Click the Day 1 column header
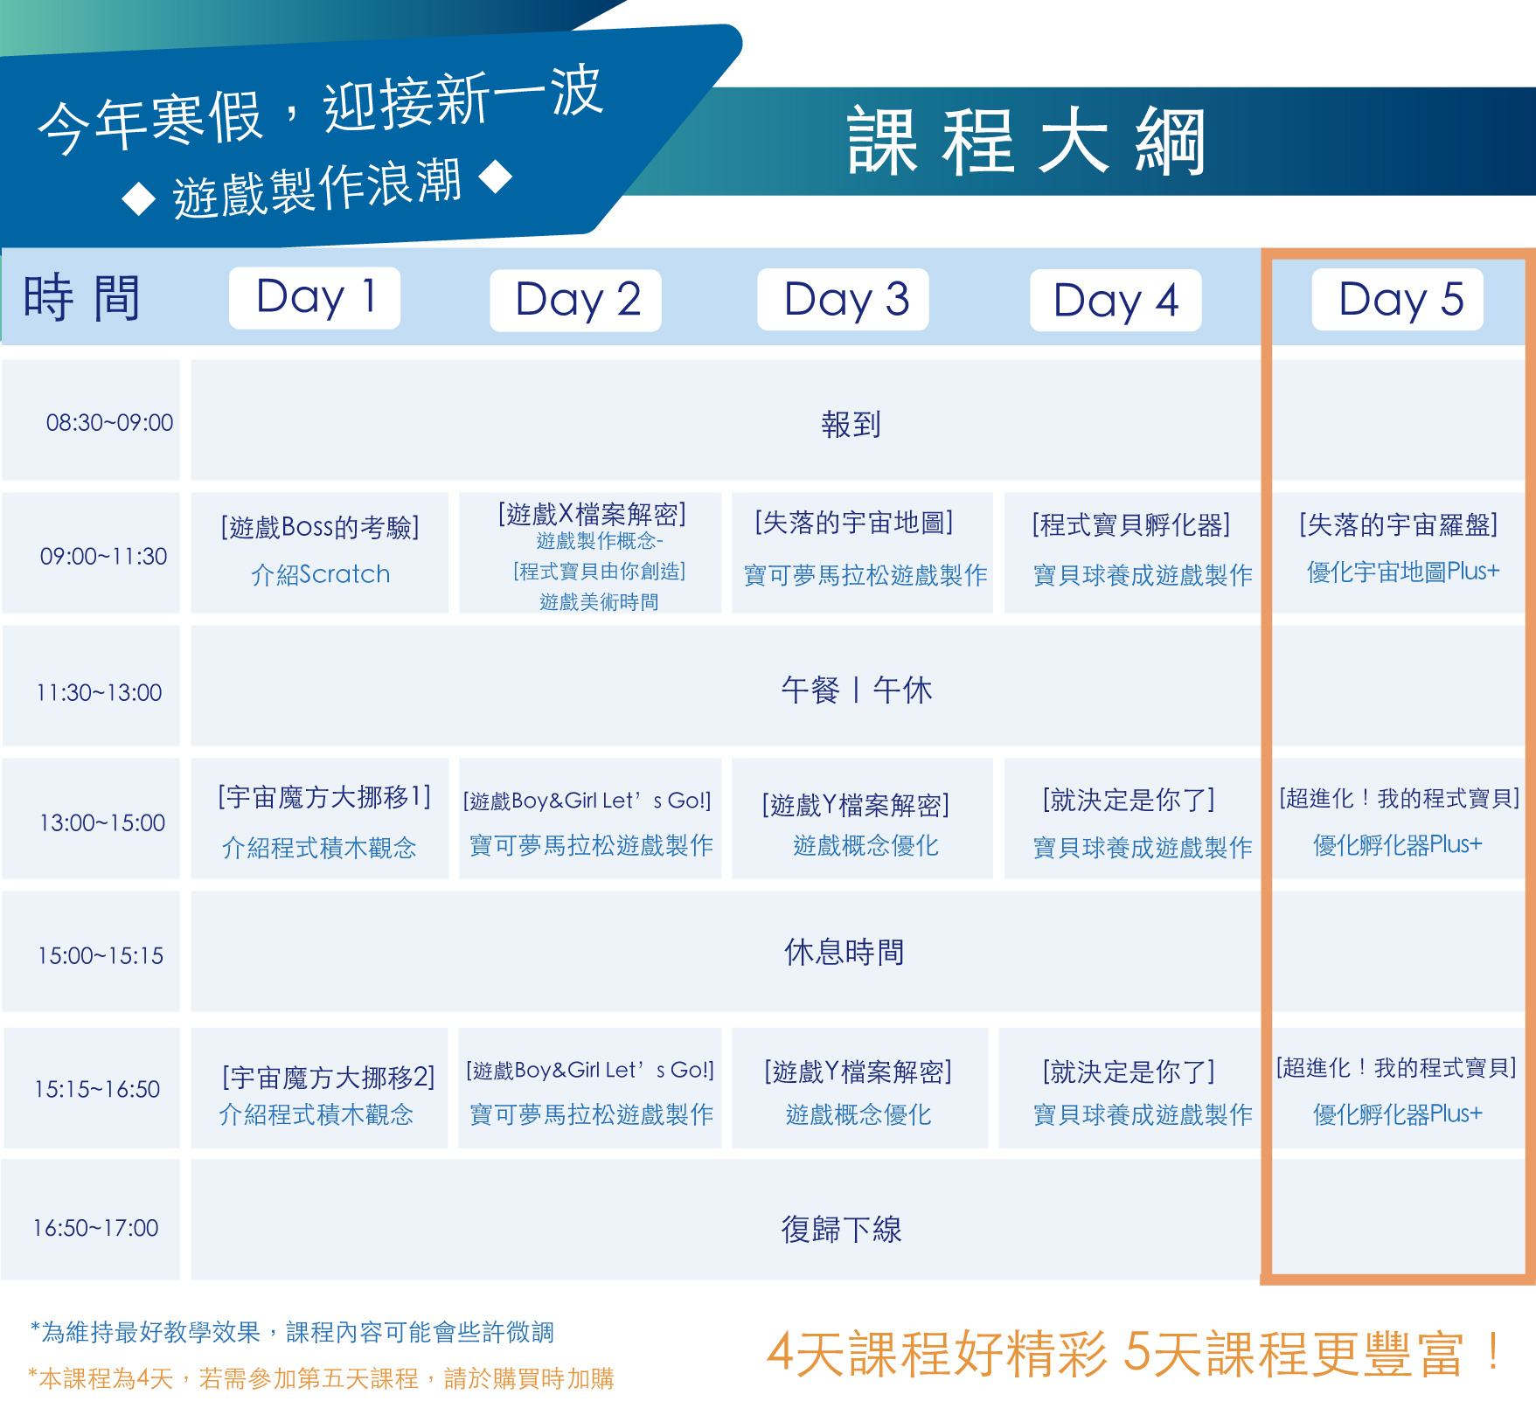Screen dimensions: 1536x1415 [x=315, y=298]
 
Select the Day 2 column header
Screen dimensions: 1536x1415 [x=575, y=301]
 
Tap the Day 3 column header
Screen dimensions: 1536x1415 [x=843, y=300]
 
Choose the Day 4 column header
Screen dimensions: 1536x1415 [x=1116, y=301]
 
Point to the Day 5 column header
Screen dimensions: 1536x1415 [x=1398, y=300]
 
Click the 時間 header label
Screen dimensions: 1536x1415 [x=81, y=298]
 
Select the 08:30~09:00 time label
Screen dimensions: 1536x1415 [x=109, y=423]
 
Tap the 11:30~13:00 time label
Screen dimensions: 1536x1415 [x=99, y=693]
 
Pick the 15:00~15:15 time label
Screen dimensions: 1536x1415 [x=100, y=956]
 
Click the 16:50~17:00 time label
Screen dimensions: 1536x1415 [x=95, y=1229]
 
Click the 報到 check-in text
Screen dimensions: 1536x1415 [x=851, y=425]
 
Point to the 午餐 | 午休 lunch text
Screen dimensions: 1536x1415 [x=857, y=690]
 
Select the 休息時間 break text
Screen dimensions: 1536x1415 [x=844, y=952]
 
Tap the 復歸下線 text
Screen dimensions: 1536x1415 [x=842, y=1230]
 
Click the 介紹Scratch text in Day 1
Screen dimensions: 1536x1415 [x=321, y=574]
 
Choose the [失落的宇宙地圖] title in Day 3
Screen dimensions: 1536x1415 [x=854, y=523]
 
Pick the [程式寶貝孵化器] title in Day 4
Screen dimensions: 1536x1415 [x=1131, y=524]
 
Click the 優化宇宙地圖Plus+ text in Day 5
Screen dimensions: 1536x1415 [x=1403, y=572]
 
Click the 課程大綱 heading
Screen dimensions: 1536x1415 [x=1027, y=142]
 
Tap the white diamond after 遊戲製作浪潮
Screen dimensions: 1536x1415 [x=496, y=177]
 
